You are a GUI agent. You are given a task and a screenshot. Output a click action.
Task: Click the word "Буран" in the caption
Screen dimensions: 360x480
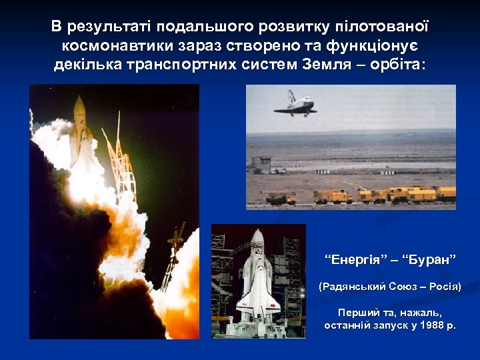coord(429,259)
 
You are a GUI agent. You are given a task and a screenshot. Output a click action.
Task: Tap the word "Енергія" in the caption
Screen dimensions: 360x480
coord(353,259)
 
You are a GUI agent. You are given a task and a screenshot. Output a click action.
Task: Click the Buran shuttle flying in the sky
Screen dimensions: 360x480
coord(295,105)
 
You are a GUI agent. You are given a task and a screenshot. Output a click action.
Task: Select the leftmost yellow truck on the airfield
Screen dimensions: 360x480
coord(281,198)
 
